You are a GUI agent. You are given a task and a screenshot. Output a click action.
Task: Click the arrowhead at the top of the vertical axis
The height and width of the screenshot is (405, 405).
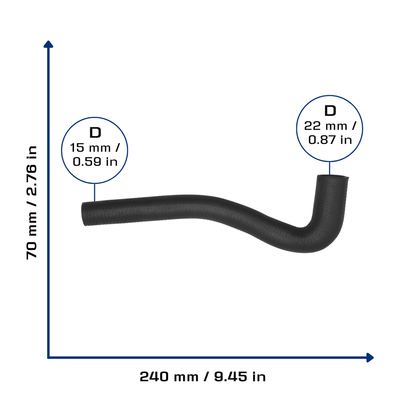[x=48, y=44]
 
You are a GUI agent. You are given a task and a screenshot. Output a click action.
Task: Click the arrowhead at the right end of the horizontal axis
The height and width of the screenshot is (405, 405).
[x=370, y=358]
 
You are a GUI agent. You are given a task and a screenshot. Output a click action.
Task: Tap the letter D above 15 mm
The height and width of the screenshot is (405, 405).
[x=95, y=133]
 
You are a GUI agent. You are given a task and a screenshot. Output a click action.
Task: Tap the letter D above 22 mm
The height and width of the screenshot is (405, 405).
[x=330, y=111]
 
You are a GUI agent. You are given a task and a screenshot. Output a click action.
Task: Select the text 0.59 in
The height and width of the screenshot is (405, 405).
[x=95, y=162]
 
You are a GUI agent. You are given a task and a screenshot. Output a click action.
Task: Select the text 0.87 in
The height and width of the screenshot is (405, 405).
[x=330, y=140]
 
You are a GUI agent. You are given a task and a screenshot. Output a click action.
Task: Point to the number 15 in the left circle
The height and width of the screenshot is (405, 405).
[x=77, y=148]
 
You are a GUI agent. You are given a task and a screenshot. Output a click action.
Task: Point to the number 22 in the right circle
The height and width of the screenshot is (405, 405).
[x=312, y=126]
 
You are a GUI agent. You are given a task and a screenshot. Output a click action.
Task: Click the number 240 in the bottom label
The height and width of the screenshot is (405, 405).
[x=154, y=377]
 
